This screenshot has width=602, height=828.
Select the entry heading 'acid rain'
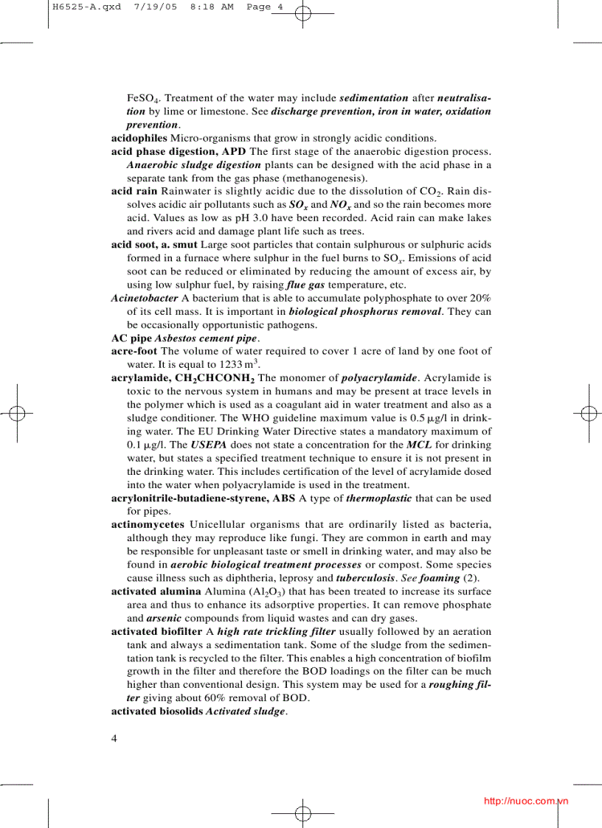134,191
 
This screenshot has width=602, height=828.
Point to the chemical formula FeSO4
139,98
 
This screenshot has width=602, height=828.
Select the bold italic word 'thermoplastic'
379,498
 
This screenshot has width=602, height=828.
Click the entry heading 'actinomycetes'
148,524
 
